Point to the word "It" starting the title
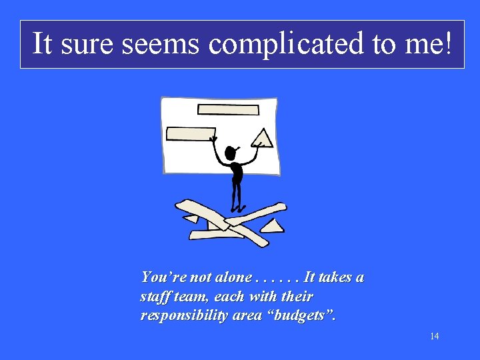(x=41, y=44)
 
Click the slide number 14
(x=434, y=336)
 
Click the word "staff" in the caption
(x=154, y=296)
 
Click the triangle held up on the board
(x=261, y=138)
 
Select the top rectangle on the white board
(x=227, y=109)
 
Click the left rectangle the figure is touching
(x=188, y=133)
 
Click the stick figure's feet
(x=235, y=209)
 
